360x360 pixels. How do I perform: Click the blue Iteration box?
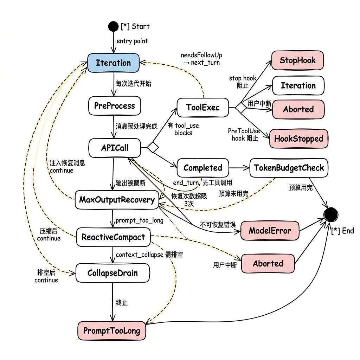(113, 63)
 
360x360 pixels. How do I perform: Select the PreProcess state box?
(114, 105)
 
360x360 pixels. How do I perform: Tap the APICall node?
(115, 148)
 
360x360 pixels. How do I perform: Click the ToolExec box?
(203, 107)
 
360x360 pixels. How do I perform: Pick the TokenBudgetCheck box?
(289, 168)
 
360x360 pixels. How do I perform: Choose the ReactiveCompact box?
(113, 237)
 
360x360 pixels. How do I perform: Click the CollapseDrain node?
(112, 273)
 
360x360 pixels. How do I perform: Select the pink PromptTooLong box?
(111, 330)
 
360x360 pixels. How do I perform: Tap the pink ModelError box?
(270, 231)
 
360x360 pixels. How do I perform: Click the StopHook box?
(297, 60)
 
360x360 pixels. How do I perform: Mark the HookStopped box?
(298, 139)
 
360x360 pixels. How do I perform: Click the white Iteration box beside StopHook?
(298, 85)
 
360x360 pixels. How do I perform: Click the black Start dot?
(113, 26)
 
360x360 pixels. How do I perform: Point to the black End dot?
(330, 213)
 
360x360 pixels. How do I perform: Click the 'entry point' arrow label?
(132, 41)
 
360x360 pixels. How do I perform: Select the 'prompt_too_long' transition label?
(139, 221)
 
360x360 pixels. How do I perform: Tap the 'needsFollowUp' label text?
(201, 56)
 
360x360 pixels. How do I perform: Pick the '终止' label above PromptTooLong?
(122, 302)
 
